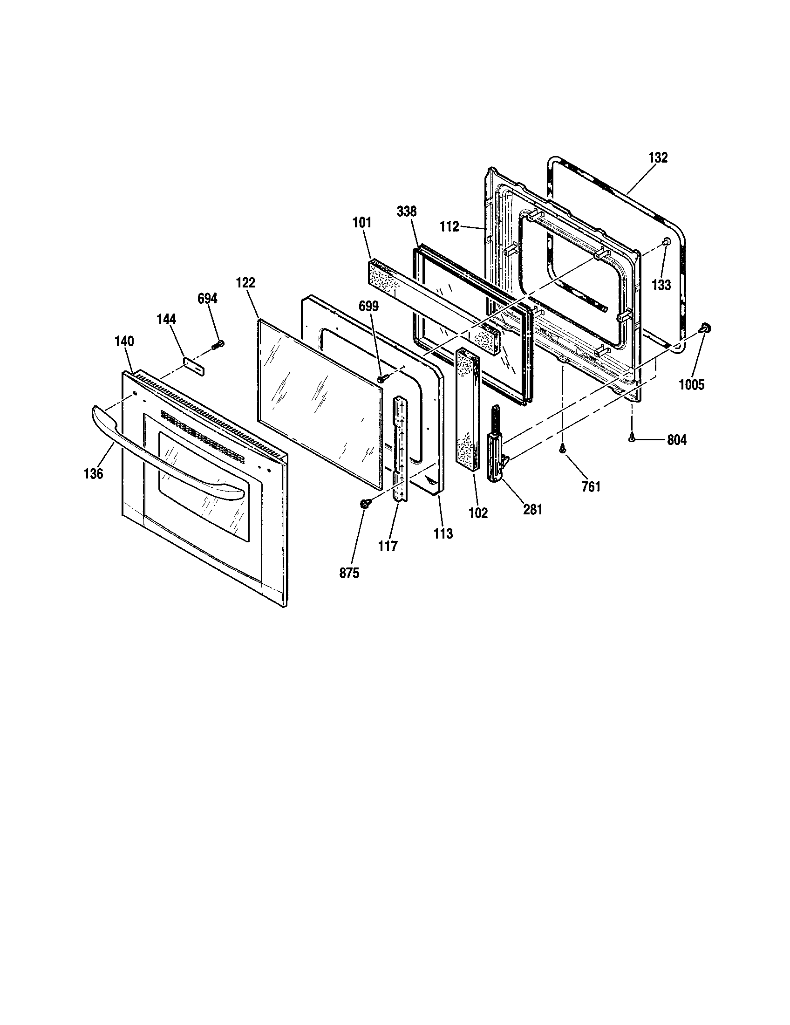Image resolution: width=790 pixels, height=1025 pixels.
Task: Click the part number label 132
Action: click(x=658, y=157)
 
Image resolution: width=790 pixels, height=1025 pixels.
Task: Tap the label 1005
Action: click(x=692, y=384)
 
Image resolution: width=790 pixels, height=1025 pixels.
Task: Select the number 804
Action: click(x=676, y=440)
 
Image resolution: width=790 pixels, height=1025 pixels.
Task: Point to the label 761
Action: click(x=591, y=487)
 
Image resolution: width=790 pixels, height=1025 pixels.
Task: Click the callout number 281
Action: click(x=532, y=509)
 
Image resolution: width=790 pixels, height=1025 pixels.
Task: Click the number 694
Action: click(x=207, y=299)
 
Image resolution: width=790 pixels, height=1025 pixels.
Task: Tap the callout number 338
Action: click(x=406, y=212)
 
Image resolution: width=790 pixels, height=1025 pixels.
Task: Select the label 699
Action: click(x=368, y=306)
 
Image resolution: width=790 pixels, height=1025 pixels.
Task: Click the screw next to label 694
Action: click(x=218, y=345)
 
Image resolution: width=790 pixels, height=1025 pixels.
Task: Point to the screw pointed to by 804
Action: click(x=632, y=438)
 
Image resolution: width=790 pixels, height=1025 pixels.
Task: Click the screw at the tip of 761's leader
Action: click(x=562, y=449)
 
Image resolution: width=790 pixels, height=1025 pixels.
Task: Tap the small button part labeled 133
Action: click(x=666, y=241)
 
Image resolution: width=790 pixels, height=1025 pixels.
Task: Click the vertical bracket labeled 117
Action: click(x=400, y=448)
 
